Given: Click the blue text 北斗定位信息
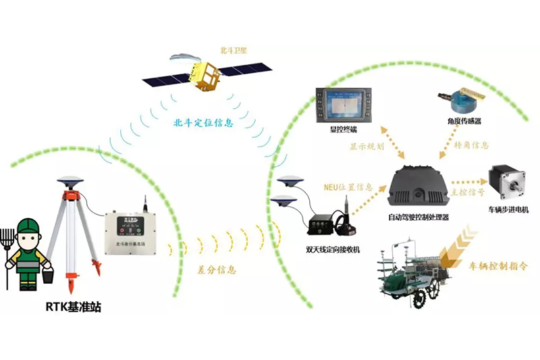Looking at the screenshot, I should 203,123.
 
